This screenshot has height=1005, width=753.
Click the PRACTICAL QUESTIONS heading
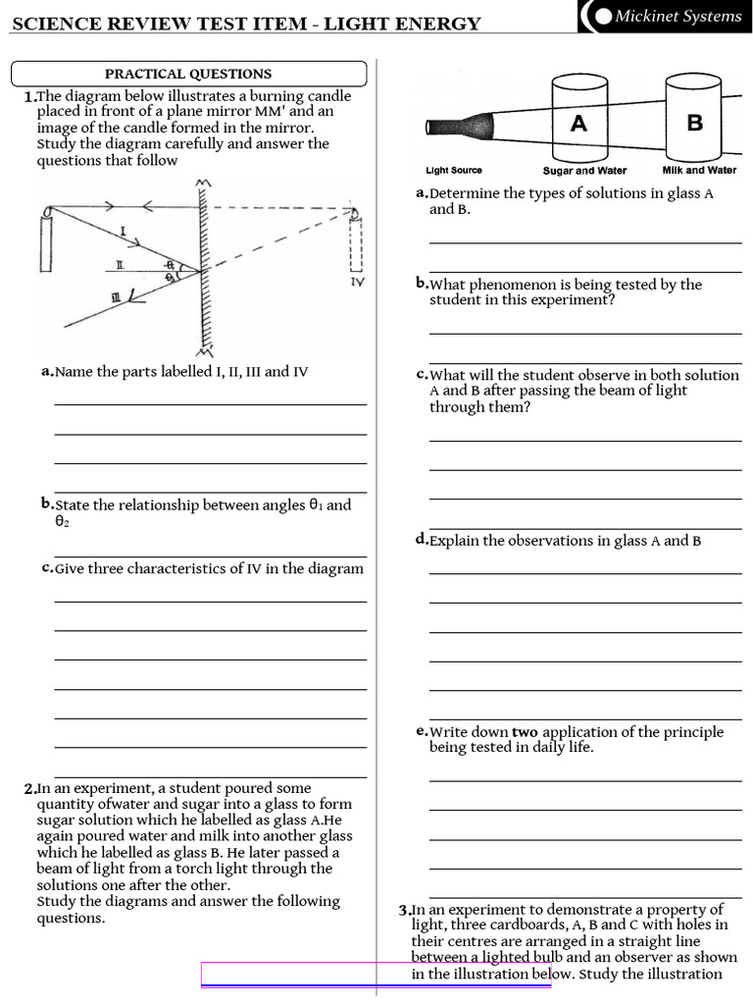[x=188, y=74]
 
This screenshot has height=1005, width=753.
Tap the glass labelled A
[x=578, y=123]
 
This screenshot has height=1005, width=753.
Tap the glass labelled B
[x=695, y=123]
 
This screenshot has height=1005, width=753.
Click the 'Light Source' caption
[x=454, y=170]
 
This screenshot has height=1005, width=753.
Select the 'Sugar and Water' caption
[x=584, y=170]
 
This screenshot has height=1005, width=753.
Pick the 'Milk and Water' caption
[x=699, y=170]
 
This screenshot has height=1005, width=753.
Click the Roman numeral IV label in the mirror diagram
[x=357, y=282]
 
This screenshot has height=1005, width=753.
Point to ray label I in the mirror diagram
[x=124, y=232]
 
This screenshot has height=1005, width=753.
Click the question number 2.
[x=28, y=789]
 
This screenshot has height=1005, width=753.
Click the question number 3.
[x=404, y=910]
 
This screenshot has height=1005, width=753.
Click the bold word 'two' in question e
[x=525, y=731]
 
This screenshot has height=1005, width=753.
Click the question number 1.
[x=28, y=97]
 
